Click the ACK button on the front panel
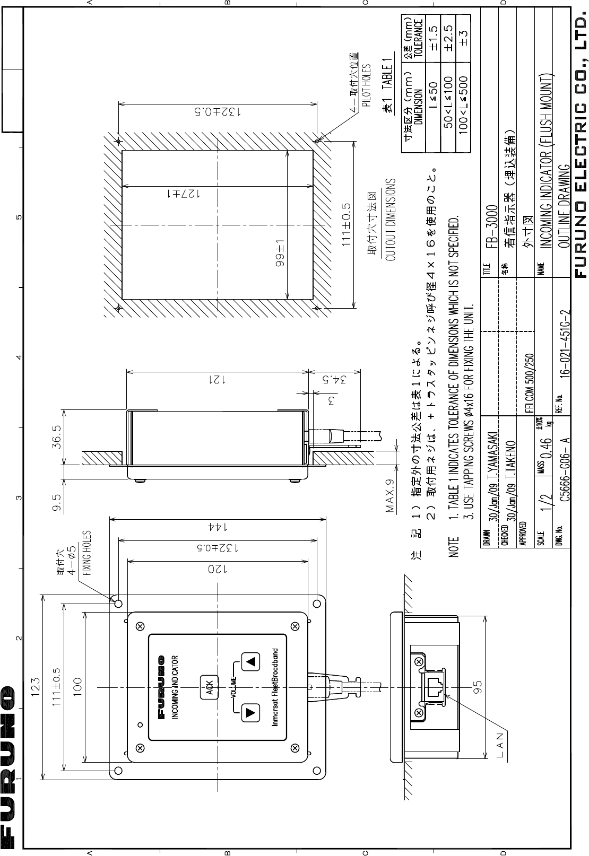(209, 687)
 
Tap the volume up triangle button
(251, 661)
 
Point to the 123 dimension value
(35, 687)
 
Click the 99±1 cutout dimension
(280, 255)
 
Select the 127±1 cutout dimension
(184, 194)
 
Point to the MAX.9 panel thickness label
(389, 496)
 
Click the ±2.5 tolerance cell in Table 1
(448, 38)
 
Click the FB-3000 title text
(492, 227)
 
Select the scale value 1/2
(547, 501)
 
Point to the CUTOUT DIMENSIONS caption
(390, 220)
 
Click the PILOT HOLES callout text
(366, 85)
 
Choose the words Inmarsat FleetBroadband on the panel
(274, 687)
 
